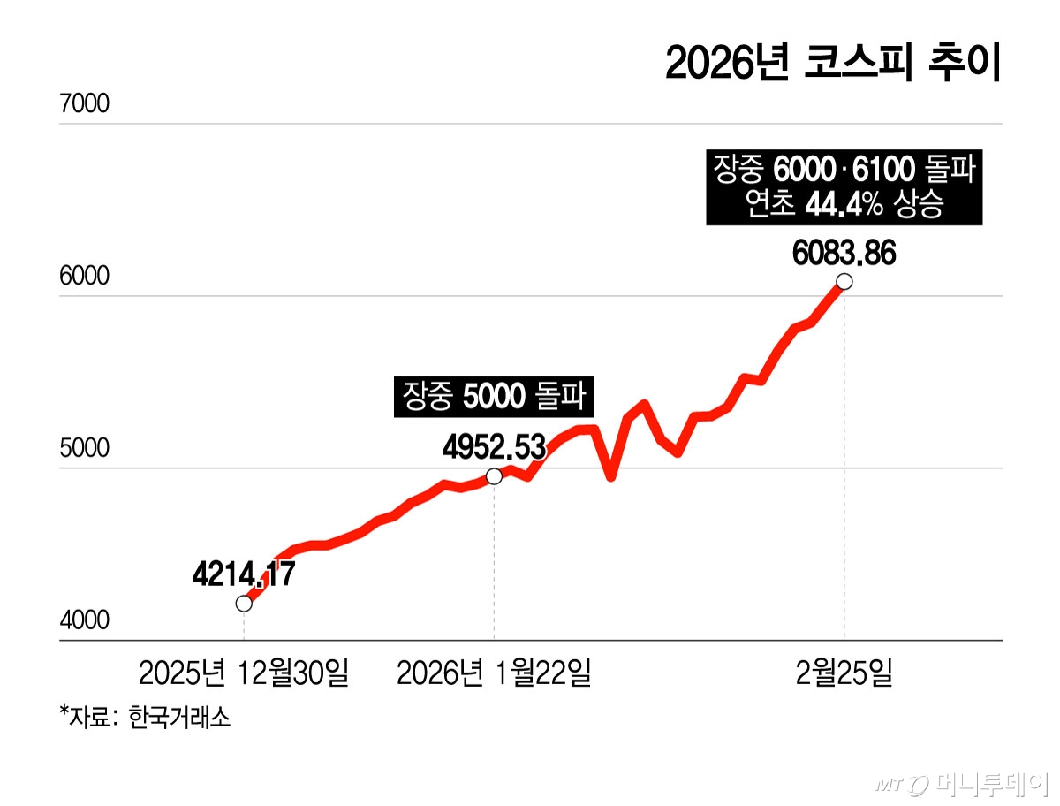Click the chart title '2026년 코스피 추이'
click(832, 65)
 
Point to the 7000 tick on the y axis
click(84, 104)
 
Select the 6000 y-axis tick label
click(84, 277)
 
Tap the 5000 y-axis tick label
click(84, 449)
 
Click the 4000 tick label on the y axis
click(84, 621)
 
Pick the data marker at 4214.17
click(244, 604)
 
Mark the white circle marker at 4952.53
click(494, 476)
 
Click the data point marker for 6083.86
click(844, 281)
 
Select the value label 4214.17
click(243, 574)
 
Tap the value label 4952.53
click(494, 447)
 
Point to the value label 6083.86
click(844, 254)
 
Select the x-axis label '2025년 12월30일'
click(244, 673)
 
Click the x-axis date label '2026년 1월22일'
click(494, 673)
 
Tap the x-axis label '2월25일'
click(844, 673)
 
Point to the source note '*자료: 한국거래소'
click(146, 715)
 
